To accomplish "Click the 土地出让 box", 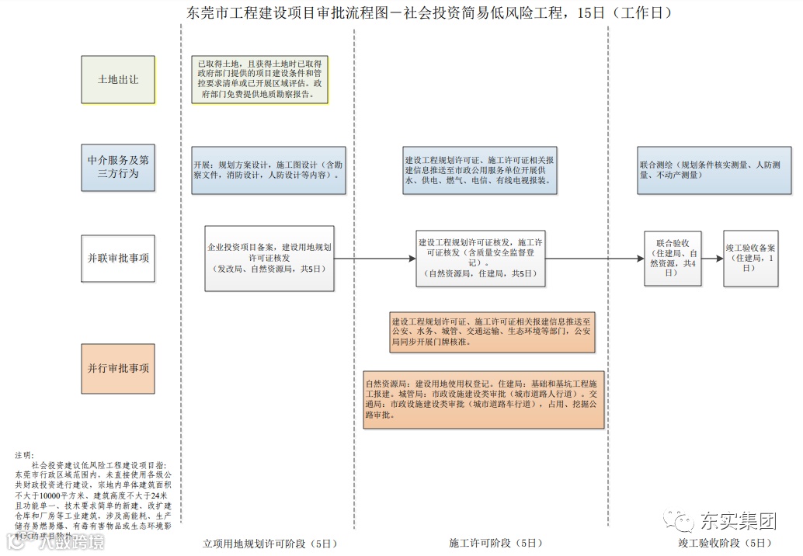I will [118, 79].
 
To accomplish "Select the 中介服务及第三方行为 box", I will [118, 168].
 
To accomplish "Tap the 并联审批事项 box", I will [118, 258].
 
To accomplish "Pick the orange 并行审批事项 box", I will [118, 368].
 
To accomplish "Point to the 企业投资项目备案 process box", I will [269, 258].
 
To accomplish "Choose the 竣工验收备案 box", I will [750, 258].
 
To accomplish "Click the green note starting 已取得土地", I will [260, 79].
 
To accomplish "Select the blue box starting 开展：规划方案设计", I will [269, 171].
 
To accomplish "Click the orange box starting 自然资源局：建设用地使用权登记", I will [484, 399].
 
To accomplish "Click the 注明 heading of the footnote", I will [24, 455].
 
